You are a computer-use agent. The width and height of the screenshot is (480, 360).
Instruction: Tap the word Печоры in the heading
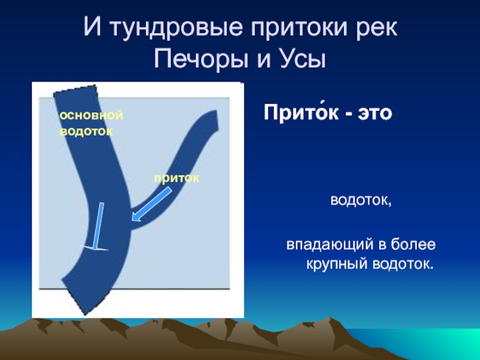pyautogui.click(x=201, y=59)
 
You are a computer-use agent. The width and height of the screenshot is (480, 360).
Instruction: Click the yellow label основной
pyautogui.click(x=91, y=115)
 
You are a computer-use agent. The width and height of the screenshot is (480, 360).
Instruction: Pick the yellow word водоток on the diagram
pyautogui.click(x=86, y=131)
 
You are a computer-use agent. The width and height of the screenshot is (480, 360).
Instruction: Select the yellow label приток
pyautogui.click(x=176, y=179)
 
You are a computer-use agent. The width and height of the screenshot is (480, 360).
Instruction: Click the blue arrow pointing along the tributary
pyautogui.click(x=152, y=204)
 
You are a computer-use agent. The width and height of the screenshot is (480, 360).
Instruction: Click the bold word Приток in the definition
pyautogui.click(x=301, y=113)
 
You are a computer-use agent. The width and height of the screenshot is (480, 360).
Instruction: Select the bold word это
pyautogui.click(x=375, y=113)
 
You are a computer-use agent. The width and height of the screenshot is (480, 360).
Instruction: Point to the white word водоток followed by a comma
pyautogui.click(x=361, y=201)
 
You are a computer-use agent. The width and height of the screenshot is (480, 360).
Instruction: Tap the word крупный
pyautogui.click(x=337, y=264)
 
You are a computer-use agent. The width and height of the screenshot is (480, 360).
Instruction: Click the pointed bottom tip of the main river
pyautogui.click(x=85, y=314)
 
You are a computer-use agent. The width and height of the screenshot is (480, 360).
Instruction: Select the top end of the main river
pyautogui.click(x=75, y=89)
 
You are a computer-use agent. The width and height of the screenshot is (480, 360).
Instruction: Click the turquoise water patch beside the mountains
pyautogui.click(x=428, y=343)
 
